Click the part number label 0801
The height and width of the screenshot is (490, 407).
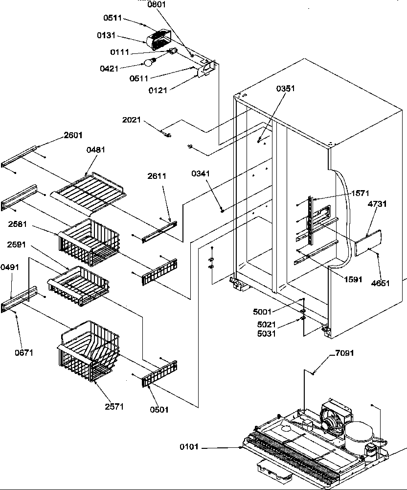(x=157, y=5)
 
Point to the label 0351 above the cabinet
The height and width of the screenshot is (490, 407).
(x=286, y=89)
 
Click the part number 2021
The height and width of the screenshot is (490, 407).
(x=133, y=119)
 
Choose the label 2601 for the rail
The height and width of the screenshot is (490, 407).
(x=73, y=135)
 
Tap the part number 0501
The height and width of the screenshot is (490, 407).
(x=158, y=410)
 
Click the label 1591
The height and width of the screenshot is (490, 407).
(x=353, y=280)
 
